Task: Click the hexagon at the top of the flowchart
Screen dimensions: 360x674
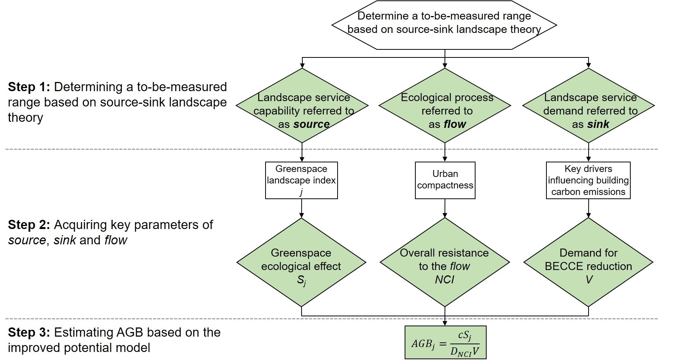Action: [444, 25]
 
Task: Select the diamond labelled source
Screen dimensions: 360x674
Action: [302, 106]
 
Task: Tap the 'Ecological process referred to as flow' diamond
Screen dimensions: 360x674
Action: [445, 106]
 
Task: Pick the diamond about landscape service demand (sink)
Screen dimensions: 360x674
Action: [589, 106]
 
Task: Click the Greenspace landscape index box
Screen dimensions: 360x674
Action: [302, 180]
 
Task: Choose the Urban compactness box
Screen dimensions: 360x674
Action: [445, 180]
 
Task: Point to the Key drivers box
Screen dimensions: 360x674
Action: [588, 180]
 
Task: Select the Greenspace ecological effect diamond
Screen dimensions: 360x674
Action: [301, 263]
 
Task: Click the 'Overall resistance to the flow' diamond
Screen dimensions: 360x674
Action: [444, 263]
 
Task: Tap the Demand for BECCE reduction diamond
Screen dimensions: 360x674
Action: [588, 263]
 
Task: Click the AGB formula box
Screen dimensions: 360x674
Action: [445, 342]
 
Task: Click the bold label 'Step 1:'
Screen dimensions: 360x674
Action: [29, 87]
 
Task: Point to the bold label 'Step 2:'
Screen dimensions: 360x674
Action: [29, 225]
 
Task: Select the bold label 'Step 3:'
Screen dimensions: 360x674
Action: [29, 332]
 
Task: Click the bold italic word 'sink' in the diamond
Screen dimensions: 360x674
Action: [598, 124]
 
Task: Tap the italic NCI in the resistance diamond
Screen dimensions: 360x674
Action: [444, 280]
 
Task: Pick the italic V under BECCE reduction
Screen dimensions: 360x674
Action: [589, 280]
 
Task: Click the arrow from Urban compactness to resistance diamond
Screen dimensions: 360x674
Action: [445, 209]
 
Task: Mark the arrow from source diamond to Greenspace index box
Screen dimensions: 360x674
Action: [302, 152]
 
